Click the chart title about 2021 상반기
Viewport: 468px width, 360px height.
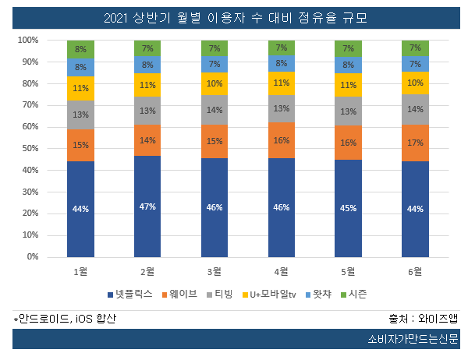tap(234, 18)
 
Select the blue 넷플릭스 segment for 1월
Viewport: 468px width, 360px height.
tap(80, 208)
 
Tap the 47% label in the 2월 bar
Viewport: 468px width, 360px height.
tap(147, 206)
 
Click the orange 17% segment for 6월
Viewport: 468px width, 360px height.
tap(416, 143)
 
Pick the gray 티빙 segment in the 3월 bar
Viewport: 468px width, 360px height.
tap(214, 110)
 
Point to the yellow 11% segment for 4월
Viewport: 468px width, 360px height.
tap(282, 82)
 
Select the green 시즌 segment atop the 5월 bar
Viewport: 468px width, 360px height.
tap(349, 48)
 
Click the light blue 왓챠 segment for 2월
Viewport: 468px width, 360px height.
tap(147, 65)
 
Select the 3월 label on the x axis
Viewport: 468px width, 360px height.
tap(214, 272)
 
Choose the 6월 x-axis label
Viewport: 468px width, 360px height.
tap(416, 272)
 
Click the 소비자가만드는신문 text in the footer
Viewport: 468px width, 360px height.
tap(413, 340)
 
